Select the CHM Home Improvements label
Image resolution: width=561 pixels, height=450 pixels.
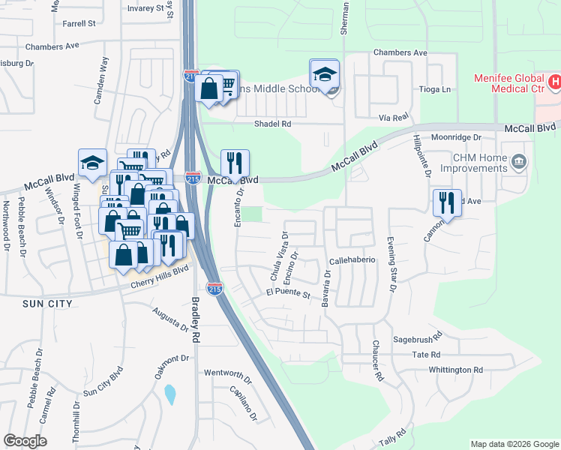pyautogui.click(x=479, y=163)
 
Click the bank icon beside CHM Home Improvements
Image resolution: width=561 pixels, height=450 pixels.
pyautogui.click(x=518, y=161)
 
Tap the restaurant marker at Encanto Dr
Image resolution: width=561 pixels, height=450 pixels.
pyautogui.click(x=235, y=163)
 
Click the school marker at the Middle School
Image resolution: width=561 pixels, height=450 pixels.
pyautogui.click(x=325, y=75)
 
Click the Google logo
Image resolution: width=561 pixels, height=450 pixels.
pyautogui.click(x=25, y=441)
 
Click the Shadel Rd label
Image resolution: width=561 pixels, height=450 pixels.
pyautogui.click(x=272, y=124)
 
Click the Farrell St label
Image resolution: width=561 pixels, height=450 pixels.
pyautogui.click(x=79, y=23)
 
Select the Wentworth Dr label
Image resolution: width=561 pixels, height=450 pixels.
pyautogui.click(x=226, y=373)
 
